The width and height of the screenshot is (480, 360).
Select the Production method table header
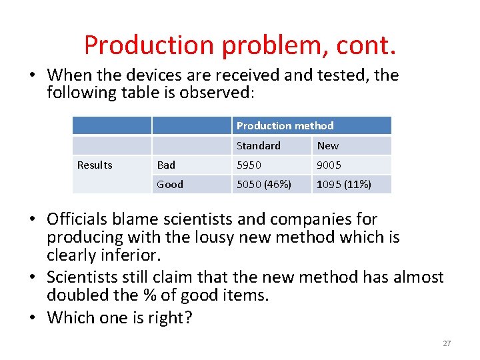click(x=285, y=125)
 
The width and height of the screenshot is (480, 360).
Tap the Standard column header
click(x=258, y=145)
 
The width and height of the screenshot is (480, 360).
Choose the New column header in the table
click(x=327, y=145)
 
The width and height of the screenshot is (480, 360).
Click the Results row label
click(x=95, y=165)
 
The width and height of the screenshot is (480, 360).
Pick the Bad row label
click(x=166, y=165)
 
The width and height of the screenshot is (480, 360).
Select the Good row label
click(x=169, y=184)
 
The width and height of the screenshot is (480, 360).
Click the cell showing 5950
click(x=249, y=165)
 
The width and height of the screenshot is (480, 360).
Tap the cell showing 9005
click(x=329, y=165)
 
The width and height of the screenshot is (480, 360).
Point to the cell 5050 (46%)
click(x=264, y=184)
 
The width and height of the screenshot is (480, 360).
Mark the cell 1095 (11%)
click(x=344, y=184)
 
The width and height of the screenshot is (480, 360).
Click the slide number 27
click(x=447, y=343)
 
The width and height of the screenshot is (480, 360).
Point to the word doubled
click(x=81, y=295)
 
